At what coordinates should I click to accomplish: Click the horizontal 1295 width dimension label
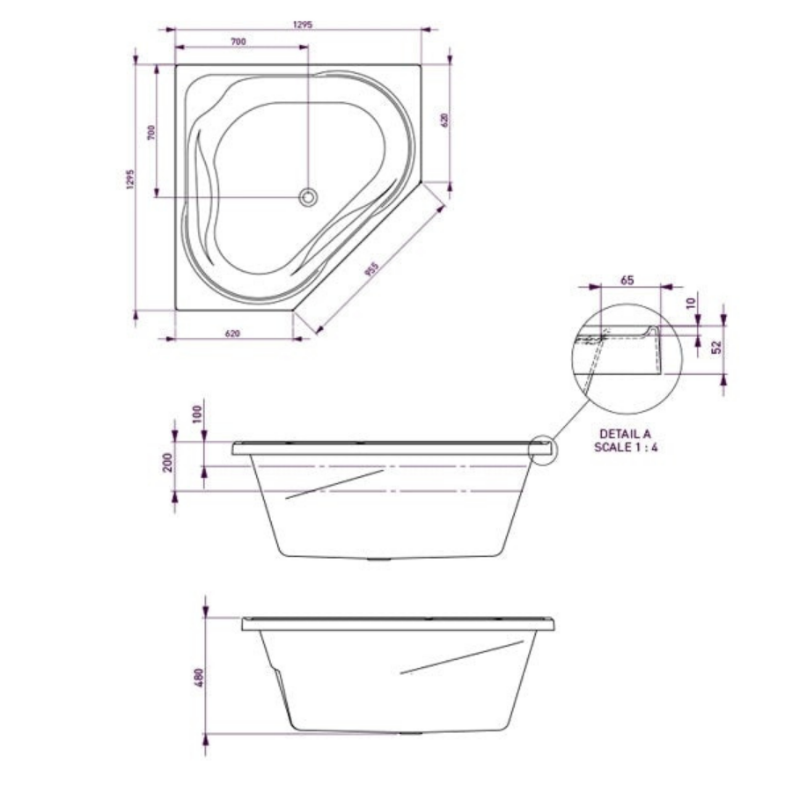(x=303, y=25)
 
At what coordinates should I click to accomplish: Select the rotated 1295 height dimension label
(x=131, y=180)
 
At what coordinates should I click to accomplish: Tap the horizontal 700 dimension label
(x=238, y=41)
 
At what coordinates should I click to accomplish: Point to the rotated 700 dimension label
(x=151, y=132)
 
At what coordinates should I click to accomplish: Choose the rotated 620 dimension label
(x=445, y=120)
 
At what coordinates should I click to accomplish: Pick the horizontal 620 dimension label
(x=232, y=334)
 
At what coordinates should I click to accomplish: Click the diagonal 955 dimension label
(x=371, y=269)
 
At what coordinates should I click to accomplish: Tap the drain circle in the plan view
(x=308, y=197)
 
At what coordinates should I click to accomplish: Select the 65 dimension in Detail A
(x=627, y=280)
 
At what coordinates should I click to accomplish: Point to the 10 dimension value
(x=691, y=303)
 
